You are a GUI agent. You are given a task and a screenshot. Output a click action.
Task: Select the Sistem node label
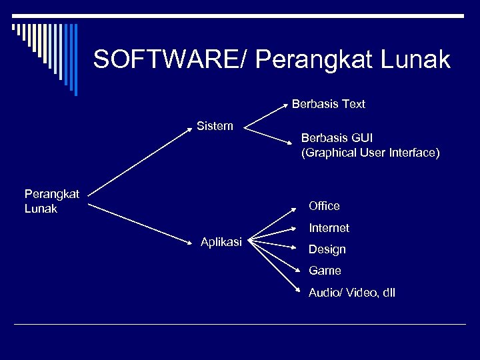(215, 125)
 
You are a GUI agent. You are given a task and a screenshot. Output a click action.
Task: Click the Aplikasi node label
(221, 241)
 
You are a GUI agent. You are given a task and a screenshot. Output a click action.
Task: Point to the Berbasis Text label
(328, 104)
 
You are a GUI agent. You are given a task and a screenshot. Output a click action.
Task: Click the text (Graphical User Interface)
(370, 153)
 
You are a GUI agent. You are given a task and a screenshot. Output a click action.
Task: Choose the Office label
(324, 206)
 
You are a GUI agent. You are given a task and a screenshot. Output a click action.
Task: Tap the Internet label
(329, 228)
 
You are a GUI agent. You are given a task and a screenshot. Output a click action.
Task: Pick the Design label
(327, 249)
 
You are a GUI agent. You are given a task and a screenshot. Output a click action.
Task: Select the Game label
(325, 271)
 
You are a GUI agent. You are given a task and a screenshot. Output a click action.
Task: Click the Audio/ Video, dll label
(351, 293)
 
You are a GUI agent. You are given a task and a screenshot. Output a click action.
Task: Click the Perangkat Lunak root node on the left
(51, 201)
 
